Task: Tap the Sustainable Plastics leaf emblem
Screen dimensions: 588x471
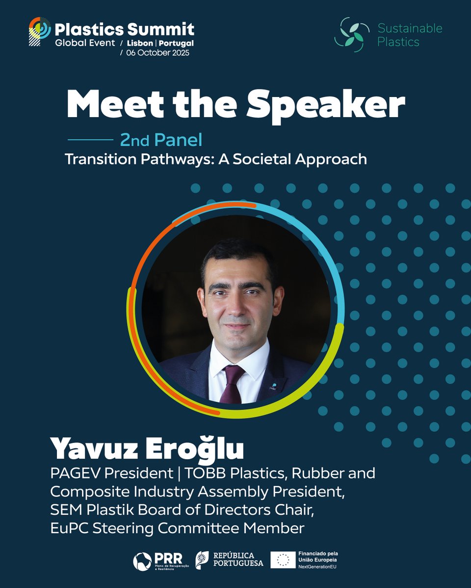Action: tap(351, 35)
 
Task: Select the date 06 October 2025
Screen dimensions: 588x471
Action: tap(158, 53)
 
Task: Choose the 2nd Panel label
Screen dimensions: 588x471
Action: tap(161, 141)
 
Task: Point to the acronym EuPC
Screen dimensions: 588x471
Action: tap(65, 529)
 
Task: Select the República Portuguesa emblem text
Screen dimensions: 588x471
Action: tap(237, 560)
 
